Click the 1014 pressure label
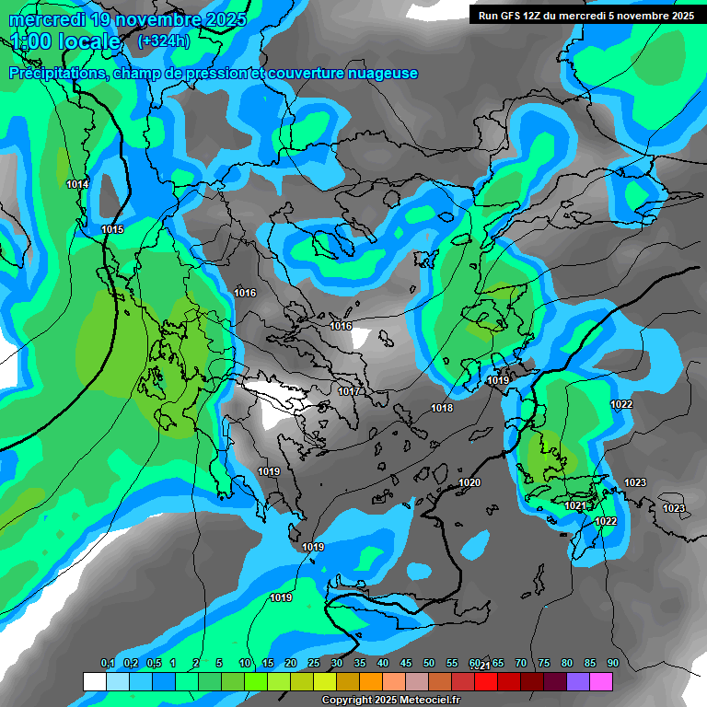pyautogui.click(x=77, y=185)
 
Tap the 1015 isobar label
pyautogui.click(x=112, y=229)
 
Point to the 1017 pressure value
pyautogui.click(x=348, y=391)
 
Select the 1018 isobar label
pyautogui.click(x=442, y=408)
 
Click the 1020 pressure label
pyautogui.click(x=469, y=482)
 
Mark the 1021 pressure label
pyautogui.click(x=574, y=505)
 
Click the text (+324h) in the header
pyautogui.click(x=164, y=41)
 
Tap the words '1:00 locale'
pyautogui.click(x=65, y=41)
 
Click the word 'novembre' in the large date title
pyautogui.click(x=148, y=18)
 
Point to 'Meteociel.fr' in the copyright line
pyautogui.click(x=422, y=701)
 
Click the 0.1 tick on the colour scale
pyautogui.click(x=107, y=664)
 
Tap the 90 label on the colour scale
pyautogui.click(x=612, y=664)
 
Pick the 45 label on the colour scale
pyautogui.click(x=406, y=664)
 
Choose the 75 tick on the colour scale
pyautogui.click(x=543, y=664)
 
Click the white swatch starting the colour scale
pyautogui.click(x=94, y=681)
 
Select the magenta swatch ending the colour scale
pyautogui.click(x=601, y=681)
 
